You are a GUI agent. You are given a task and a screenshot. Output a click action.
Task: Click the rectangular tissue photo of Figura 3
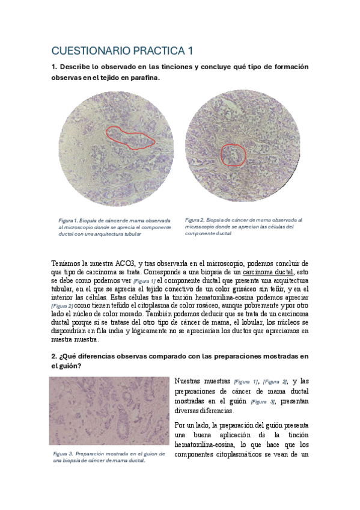[109, 410]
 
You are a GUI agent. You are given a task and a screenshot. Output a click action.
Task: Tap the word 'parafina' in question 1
[144, 79]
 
